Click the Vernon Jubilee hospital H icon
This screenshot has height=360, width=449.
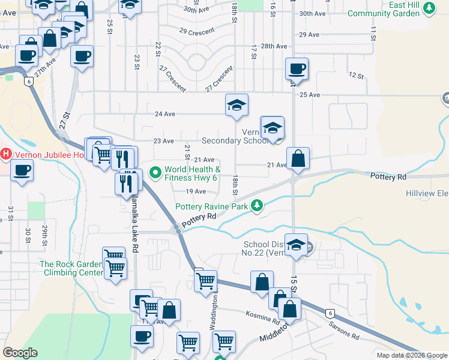coord(6,154)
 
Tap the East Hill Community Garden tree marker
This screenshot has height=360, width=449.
coord(429,7)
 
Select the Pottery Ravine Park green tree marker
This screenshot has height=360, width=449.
coord(257,206)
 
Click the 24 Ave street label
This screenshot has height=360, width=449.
coord(164,114)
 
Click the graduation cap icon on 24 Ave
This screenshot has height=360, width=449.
coord(237,105)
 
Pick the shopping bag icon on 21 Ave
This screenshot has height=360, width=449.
coord(298,159)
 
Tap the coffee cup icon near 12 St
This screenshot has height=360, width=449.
coord(297,68)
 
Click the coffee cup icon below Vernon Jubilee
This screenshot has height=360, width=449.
coord(22,171)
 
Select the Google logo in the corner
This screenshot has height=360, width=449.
coord(20,352)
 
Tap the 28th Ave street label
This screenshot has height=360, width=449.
coord(274,46)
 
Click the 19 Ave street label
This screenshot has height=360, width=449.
coord(196,191)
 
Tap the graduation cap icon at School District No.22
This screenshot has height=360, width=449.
coord(295,245)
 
